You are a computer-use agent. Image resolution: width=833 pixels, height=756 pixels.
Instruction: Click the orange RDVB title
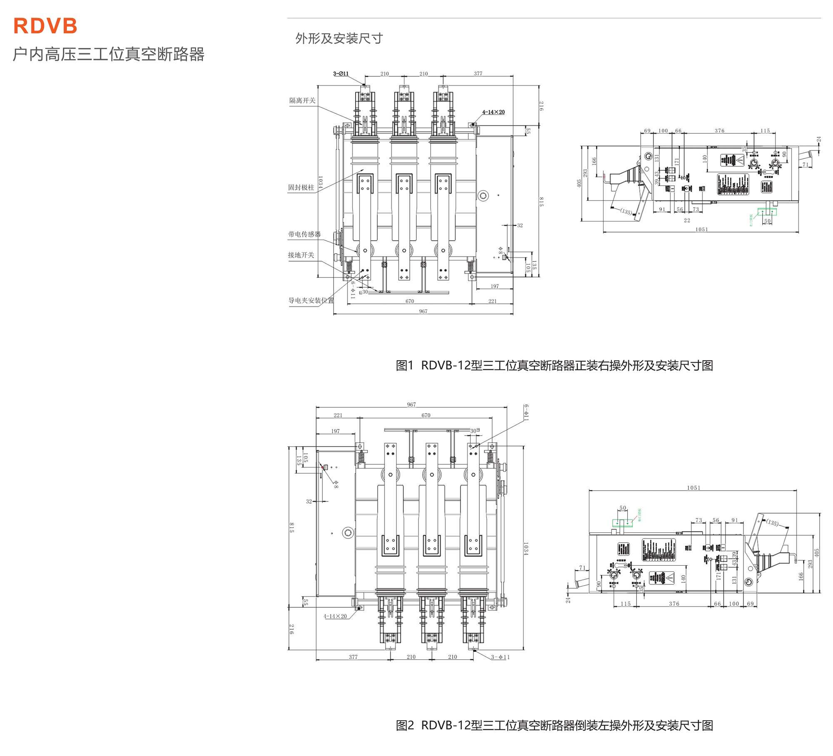[x=45, y=26]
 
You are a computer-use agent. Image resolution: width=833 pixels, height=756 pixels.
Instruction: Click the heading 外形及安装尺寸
[x=339, y=38]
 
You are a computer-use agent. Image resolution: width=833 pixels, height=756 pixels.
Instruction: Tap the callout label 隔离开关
[x=302, y=100]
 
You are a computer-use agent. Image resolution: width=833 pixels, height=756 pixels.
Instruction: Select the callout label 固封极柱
[x=301, y=187]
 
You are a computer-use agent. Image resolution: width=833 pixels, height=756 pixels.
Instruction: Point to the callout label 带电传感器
[x=304, y=234]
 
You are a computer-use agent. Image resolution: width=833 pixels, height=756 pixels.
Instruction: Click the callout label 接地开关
[x=301, y=255]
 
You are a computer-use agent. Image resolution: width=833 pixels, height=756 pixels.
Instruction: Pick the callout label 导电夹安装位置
[x=311, y=300]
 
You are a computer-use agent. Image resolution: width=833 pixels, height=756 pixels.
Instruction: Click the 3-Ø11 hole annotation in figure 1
[x=341, y=74]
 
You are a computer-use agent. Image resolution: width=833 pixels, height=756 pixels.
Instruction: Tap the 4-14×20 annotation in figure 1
[x=493, y=112]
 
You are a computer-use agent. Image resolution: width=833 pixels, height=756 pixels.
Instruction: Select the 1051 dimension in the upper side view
[x=701, y=230]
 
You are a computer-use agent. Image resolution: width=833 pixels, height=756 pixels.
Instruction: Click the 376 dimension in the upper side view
[x=719, y=131]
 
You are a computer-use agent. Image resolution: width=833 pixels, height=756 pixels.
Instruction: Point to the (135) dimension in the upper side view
[x=626, y=211]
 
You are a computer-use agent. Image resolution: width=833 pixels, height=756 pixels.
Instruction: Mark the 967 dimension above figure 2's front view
[x=411, y=404]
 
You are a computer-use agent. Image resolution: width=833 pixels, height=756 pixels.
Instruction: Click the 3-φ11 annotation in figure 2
[x=500, y=657]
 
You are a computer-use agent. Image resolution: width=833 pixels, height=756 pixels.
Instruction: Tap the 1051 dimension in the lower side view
[x=693, y=488]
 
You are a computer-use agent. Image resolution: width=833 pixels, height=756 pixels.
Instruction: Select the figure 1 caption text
[x=554, y=365]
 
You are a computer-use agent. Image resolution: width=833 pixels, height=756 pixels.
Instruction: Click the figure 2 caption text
[x=554, y=725]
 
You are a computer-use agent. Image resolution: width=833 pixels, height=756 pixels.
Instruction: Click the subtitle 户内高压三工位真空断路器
[x=108, y=54]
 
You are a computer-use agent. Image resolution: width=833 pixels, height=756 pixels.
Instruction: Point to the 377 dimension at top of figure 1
[x=478, y=74]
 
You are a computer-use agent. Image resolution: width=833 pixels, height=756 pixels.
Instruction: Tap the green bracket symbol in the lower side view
[x=622, y=523]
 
